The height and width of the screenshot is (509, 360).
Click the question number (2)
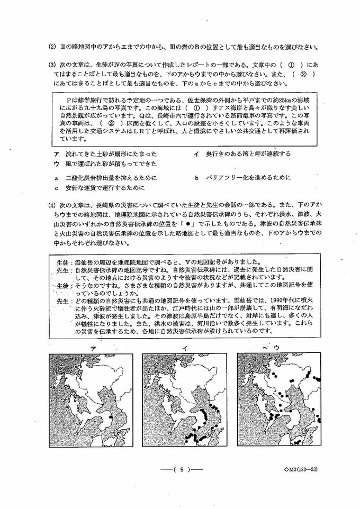click(51, 47)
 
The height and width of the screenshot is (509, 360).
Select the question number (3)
click(51, 65)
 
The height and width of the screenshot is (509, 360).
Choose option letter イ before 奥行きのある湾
click(195, 153)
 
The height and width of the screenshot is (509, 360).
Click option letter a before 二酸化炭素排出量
click(56, 178)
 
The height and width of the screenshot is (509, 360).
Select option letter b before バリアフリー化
click(195, 178)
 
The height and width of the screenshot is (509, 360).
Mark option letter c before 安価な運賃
click(56, 187)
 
